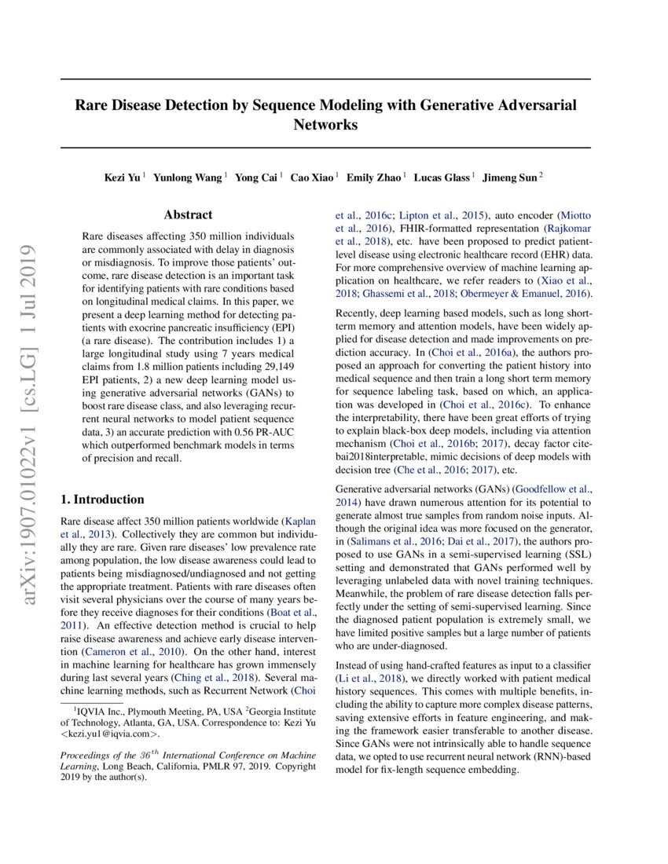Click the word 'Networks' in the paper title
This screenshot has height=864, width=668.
point(325,124)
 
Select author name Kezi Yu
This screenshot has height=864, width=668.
point(123,178)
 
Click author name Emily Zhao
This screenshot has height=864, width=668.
point(376,178)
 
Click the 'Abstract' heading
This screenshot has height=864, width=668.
point(188,214)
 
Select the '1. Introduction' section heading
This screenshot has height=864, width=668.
point(102,500)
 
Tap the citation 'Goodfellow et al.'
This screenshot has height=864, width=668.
point(552,489)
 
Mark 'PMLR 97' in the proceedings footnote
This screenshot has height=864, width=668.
point(217,765)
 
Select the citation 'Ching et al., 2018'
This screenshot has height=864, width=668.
point(215,677)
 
